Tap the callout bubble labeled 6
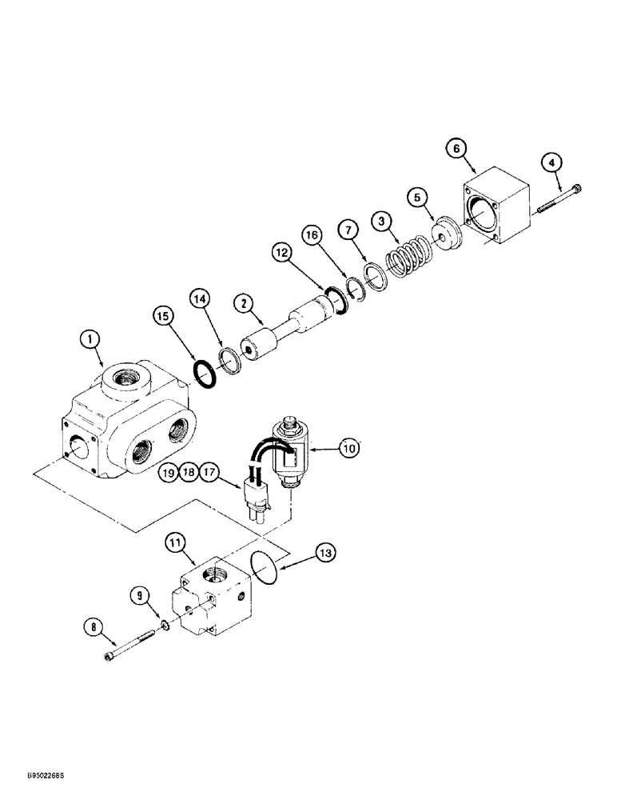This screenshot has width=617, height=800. click(477, 149)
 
